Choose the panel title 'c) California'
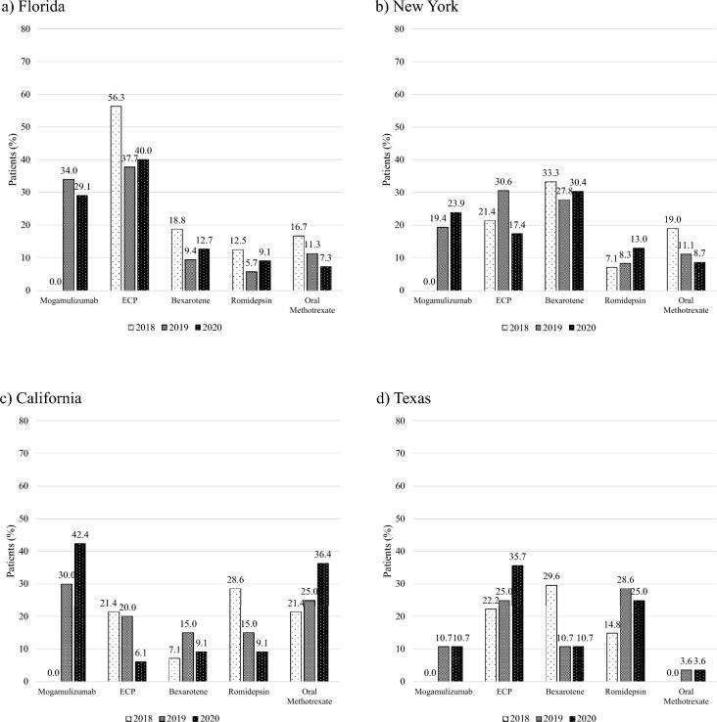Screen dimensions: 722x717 point(45,400)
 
